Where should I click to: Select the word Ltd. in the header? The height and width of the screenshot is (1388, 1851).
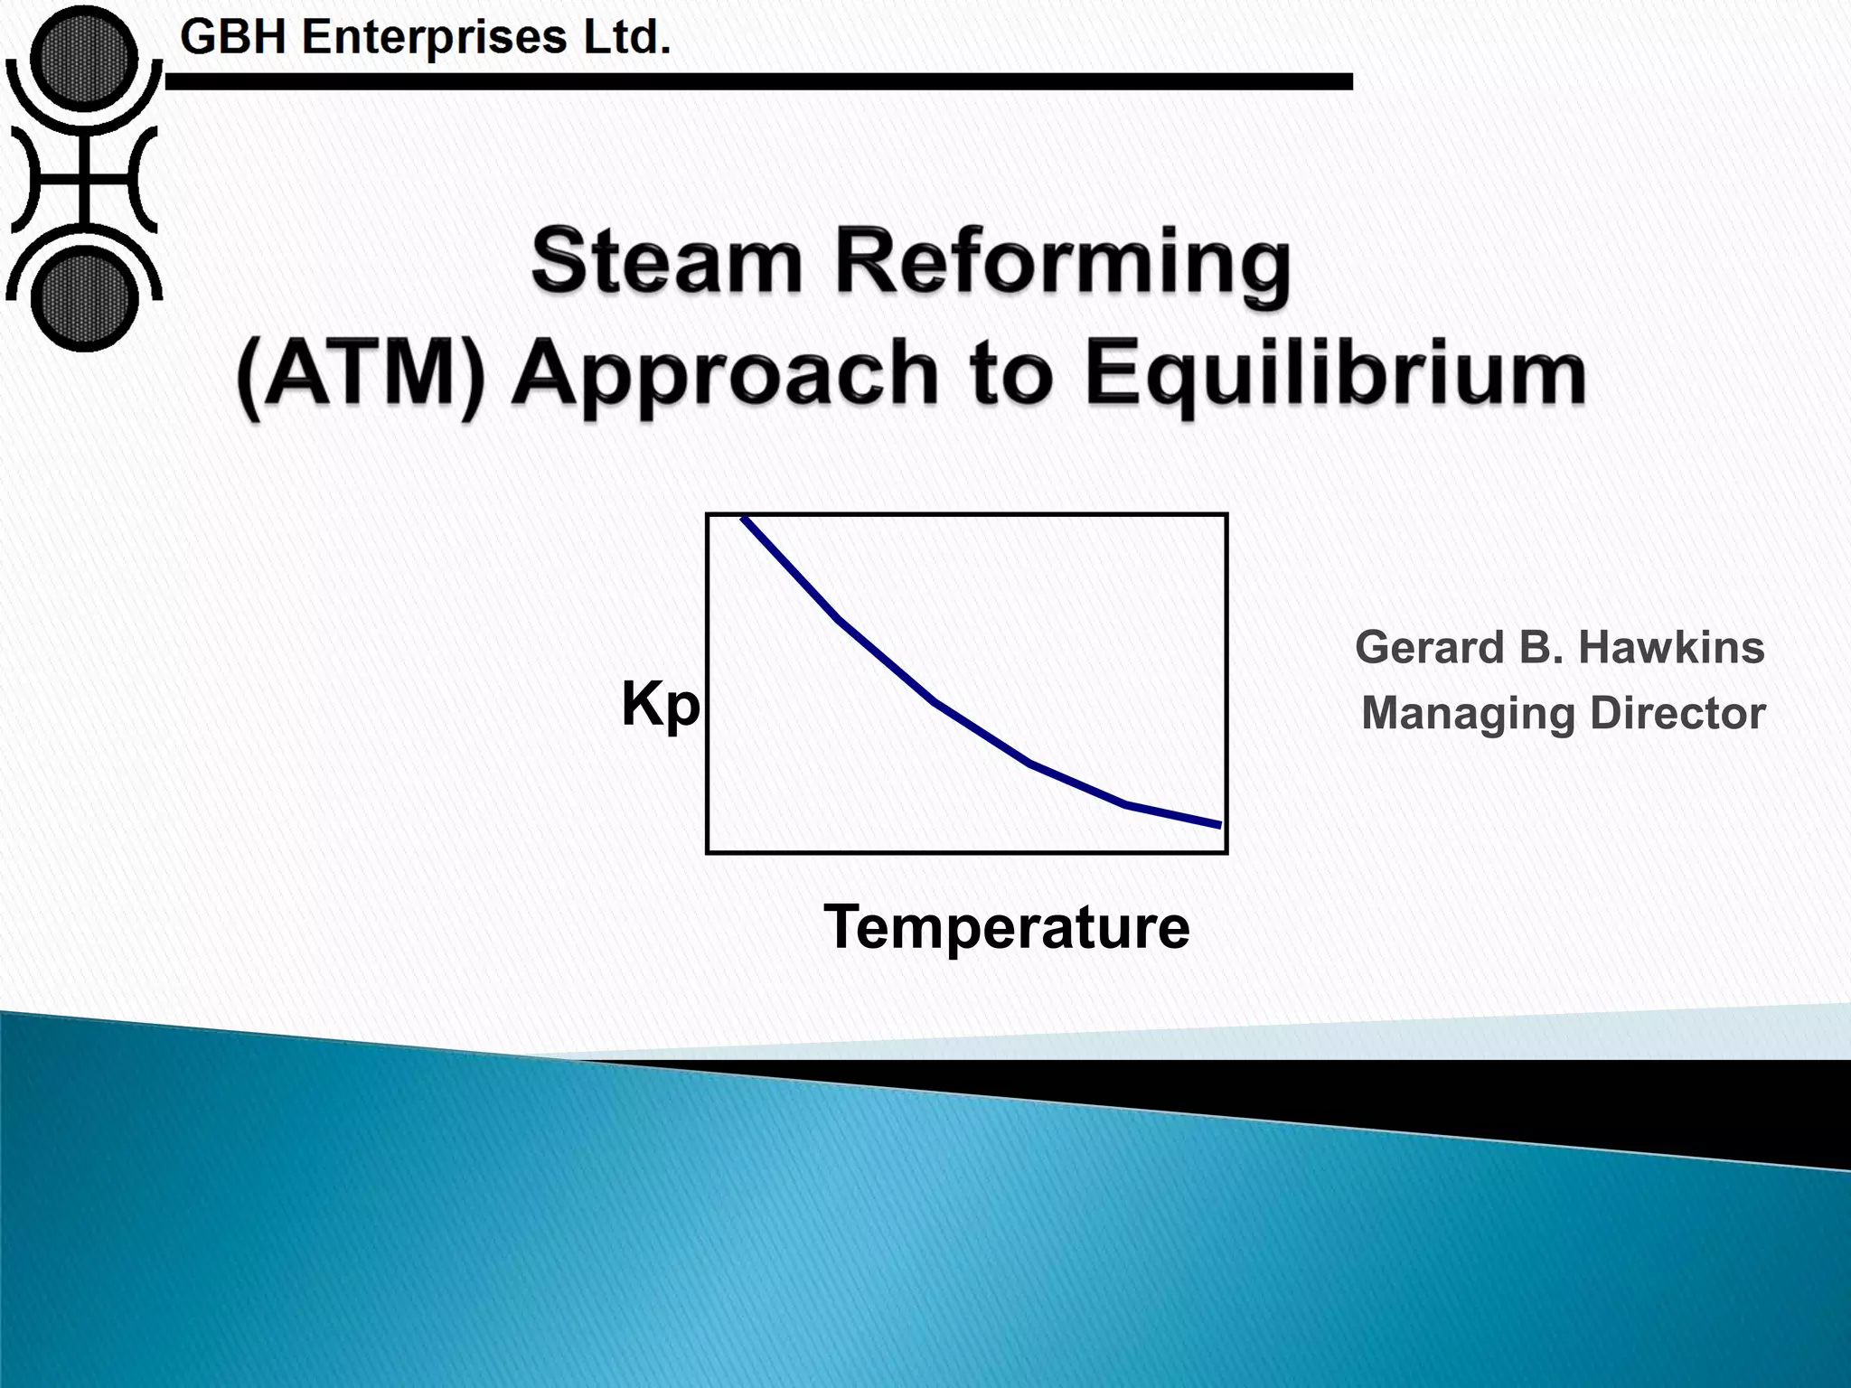[626, 38]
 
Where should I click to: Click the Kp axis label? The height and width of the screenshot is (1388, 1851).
[660, 705]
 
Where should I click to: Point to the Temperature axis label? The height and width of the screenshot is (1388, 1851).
[1006, 927]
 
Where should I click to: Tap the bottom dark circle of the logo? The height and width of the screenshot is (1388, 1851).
[83, 298]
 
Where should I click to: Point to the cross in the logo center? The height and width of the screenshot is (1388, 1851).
[83, 178]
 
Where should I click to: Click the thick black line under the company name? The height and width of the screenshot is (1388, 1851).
[759, 82]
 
